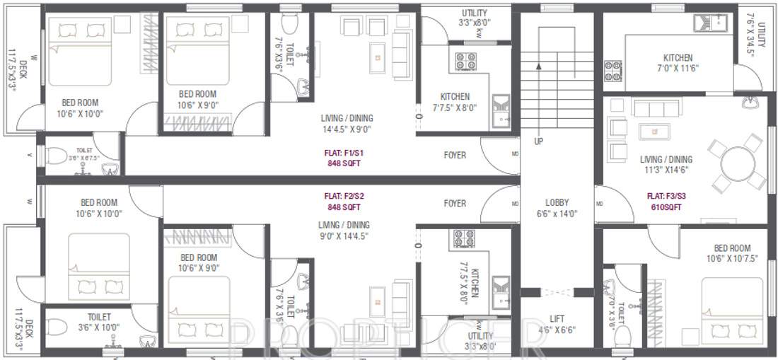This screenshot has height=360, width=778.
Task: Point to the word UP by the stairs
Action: pos(539,141)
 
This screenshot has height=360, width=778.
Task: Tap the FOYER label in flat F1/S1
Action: pos(455,155)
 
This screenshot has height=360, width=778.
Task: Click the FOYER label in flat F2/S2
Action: pos(455,204)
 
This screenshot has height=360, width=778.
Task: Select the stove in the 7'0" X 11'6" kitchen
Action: pos(612,71)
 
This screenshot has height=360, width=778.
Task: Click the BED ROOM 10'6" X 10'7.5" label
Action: pos(732,253)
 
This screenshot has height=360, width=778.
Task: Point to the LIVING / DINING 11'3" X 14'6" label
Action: pos(666,165)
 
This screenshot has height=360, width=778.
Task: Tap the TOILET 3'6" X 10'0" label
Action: pos(99,322)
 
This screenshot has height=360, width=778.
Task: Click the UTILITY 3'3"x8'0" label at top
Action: pos(474,18)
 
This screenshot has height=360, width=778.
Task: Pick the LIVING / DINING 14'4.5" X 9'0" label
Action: pos(347,124)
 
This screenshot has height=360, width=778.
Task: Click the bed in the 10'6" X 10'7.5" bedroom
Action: pos(732,311)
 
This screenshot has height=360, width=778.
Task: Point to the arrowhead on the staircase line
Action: pos(538,66)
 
